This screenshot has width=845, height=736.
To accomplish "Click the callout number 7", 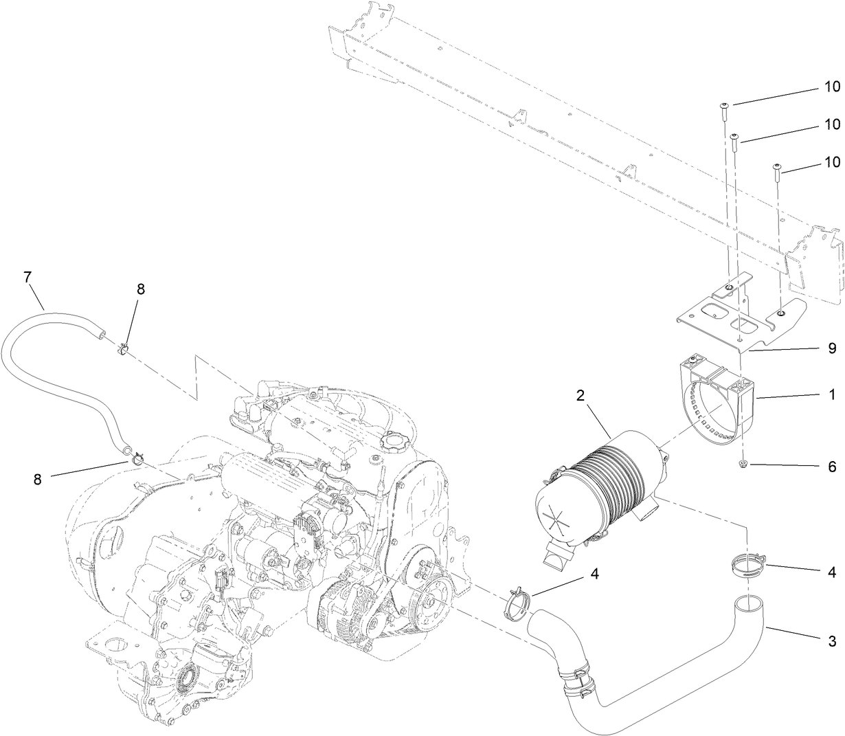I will (x=27, y=278).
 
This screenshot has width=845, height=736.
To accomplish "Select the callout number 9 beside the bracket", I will (x=832, y=348).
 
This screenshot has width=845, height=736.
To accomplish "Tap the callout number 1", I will (x=832, y=396).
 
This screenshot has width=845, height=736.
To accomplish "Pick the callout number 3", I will (x=832, y=640).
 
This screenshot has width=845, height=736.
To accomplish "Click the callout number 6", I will (x=832, y=467).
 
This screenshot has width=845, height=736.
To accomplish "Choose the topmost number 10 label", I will (x=832, y=88).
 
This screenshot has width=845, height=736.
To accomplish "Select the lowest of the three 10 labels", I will (x=832, y=162).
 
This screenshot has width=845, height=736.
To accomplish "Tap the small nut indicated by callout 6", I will (x=744, y=466).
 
